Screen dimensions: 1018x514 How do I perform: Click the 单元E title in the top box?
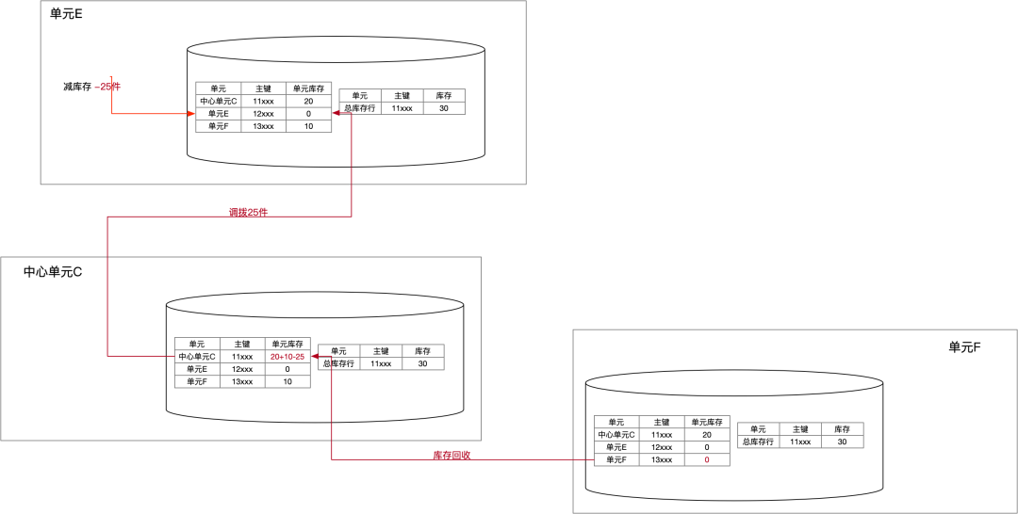(x=66, y=14)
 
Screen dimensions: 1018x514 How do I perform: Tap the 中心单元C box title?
(x=53, y=272)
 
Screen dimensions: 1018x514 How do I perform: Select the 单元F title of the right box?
(x=965, y=347)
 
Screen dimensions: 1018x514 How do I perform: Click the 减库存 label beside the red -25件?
(x=77, y=87)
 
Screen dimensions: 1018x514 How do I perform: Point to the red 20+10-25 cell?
(x=287, y=357)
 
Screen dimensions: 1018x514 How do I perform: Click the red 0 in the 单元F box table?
(x=707, y=460)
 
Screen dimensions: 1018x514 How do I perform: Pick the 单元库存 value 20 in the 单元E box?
(x=308, y=101)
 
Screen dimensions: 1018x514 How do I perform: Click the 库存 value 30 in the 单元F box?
(x=842, y=442)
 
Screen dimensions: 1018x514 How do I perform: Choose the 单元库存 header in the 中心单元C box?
(x=287, y=345)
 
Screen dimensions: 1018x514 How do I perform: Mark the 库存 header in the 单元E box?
(x=444, y=95)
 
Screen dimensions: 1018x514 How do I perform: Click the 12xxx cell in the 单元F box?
(x=662, y=447)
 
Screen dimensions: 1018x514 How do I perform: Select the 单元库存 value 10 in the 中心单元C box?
(x=287, y=382)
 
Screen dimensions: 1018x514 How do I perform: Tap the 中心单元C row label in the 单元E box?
(x=219, y=101)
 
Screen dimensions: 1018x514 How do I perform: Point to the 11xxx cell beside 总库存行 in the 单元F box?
(x=800, y=442)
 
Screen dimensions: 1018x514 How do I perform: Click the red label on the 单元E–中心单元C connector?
(x=249, y=213)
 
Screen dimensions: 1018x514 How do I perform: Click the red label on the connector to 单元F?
(x=452, y=456)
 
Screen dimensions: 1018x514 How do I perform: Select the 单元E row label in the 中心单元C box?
(x=197, y=370)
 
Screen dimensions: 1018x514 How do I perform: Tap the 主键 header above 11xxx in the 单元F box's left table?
(x=662, y=423)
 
